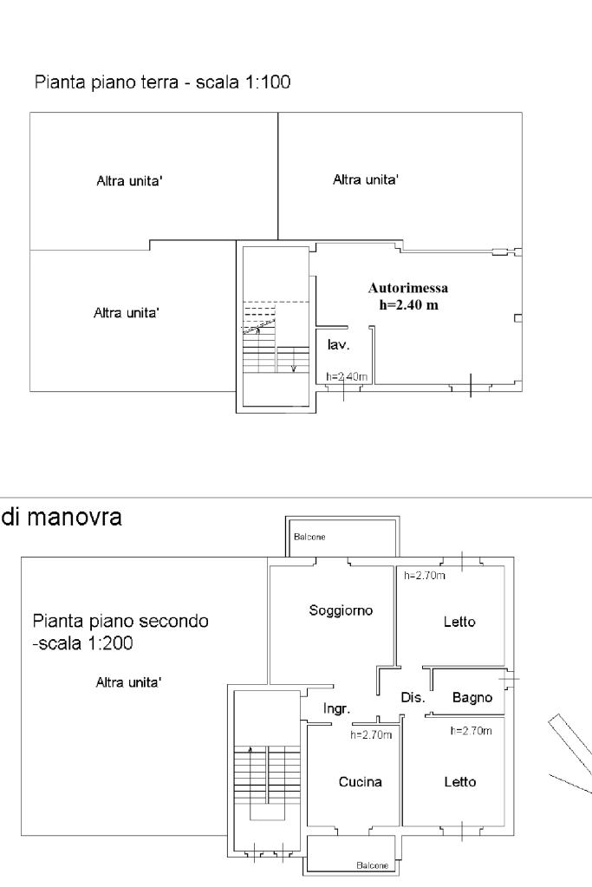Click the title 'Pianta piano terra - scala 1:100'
tap(162, 82)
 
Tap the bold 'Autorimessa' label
tap(408, 288)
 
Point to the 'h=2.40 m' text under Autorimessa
tap(408, 305)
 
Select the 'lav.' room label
tap(338, 344)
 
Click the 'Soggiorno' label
tap(341, 610)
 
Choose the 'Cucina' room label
tap(361, 782)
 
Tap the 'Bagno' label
tap(472, 698)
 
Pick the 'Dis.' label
tap(413, 697)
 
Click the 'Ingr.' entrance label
tap(336, 708)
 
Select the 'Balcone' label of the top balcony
tap(309, 537)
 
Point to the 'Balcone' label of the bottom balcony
tap(372, 865)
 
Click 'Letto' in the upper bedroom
tap(459, 622)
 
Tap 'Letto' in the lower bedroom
tap(459, 782)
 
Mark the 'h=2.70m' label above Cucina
tap(371, 734)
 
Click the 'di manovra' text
tap(61, 517)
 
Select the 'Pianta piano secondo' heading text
tap(120, 621)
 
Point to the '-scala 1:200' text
tap(82, 643)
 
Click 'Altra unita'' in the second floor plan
tap(128, 682)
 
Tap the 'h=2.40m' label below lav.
tap(347, 377)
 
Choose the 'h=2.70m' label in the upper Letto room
tap(424, 576)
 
